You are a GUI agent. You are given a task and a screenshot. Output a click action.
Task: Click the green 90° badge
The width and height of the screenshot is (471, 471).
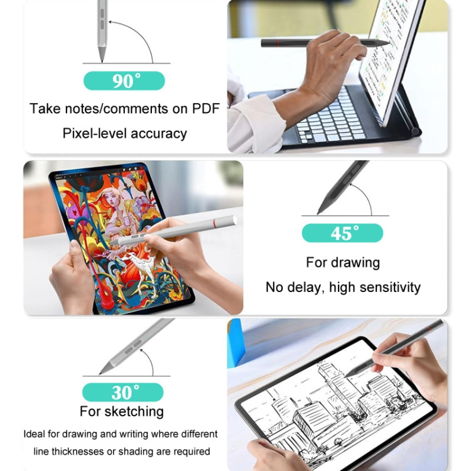(124, 81)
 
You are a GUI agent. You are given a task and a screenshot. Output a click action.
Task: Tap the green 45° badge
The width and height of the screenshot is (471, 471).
(342, 233)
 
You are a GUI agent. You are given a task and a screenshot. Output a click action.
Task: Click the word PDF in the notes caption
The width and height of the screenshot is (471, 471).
(202, 108)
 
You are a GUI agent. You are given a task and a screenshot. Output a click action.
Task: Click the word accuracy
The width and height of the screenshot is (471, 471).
(160, 133)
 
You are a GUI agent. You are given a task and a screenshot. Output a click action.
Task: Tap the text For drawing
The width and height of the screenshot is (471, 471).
(343, 262)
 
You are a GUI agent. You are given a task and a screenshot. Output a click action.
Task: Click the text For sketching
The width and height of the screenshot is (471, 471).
(122, 412)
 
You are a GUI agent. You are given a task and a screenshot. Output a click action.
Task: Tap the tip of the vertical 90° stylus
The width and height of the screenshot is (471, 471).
(102, 61)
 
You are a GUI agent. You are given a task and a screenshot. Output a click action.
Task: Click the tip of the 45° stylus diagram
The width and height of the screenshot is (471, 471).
(318, 213)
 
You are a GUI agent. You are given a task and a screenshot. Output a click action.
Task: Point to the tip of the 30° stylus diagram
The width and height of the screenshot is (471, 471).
(100, 373)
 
